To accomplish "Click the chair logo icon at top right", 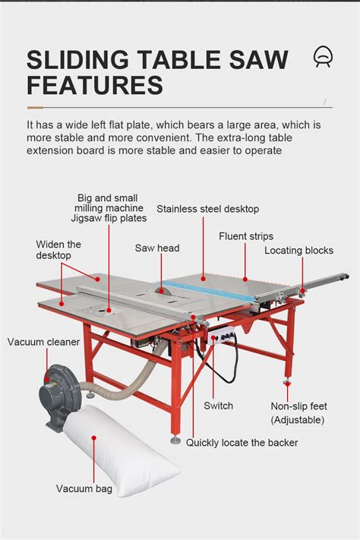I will [322, 56].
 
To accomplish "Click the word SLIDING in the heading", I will [82, 59].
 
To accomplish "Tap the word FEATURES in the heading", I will [95, 85].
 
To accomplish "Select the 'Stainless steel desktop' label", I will [207, 209].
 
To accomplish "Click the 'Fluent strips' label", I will [245, 236].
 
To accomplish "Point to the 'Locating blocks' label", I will [298, 251].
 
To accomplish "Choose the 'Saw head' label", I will [157, 248].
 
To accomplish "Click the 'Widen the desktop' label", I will [58, 250].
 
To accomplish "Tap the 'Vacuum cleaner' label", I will [43, 342].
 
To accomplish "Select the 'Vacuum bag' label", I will [84, 489].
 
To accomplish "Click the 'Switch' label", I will [218, 406].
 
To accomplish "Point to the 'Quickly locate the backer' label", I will [242, 443].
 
